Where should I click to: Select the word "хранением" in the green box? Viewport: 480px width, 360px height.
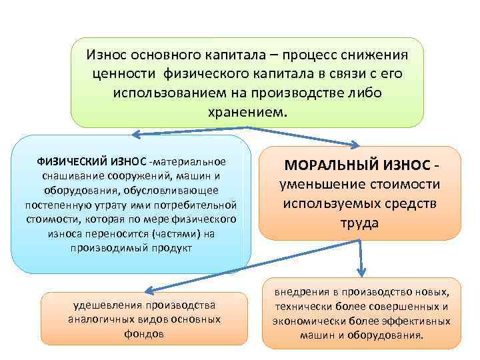coord(246,110)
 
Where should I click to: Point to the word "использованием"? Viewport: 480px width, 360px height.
coord(169,91)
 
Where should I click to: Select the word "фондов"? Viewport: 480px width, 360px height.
coord(144,333)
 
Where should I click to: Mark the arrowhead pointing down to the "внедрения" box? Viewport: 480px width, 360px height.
coord(361,271)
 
